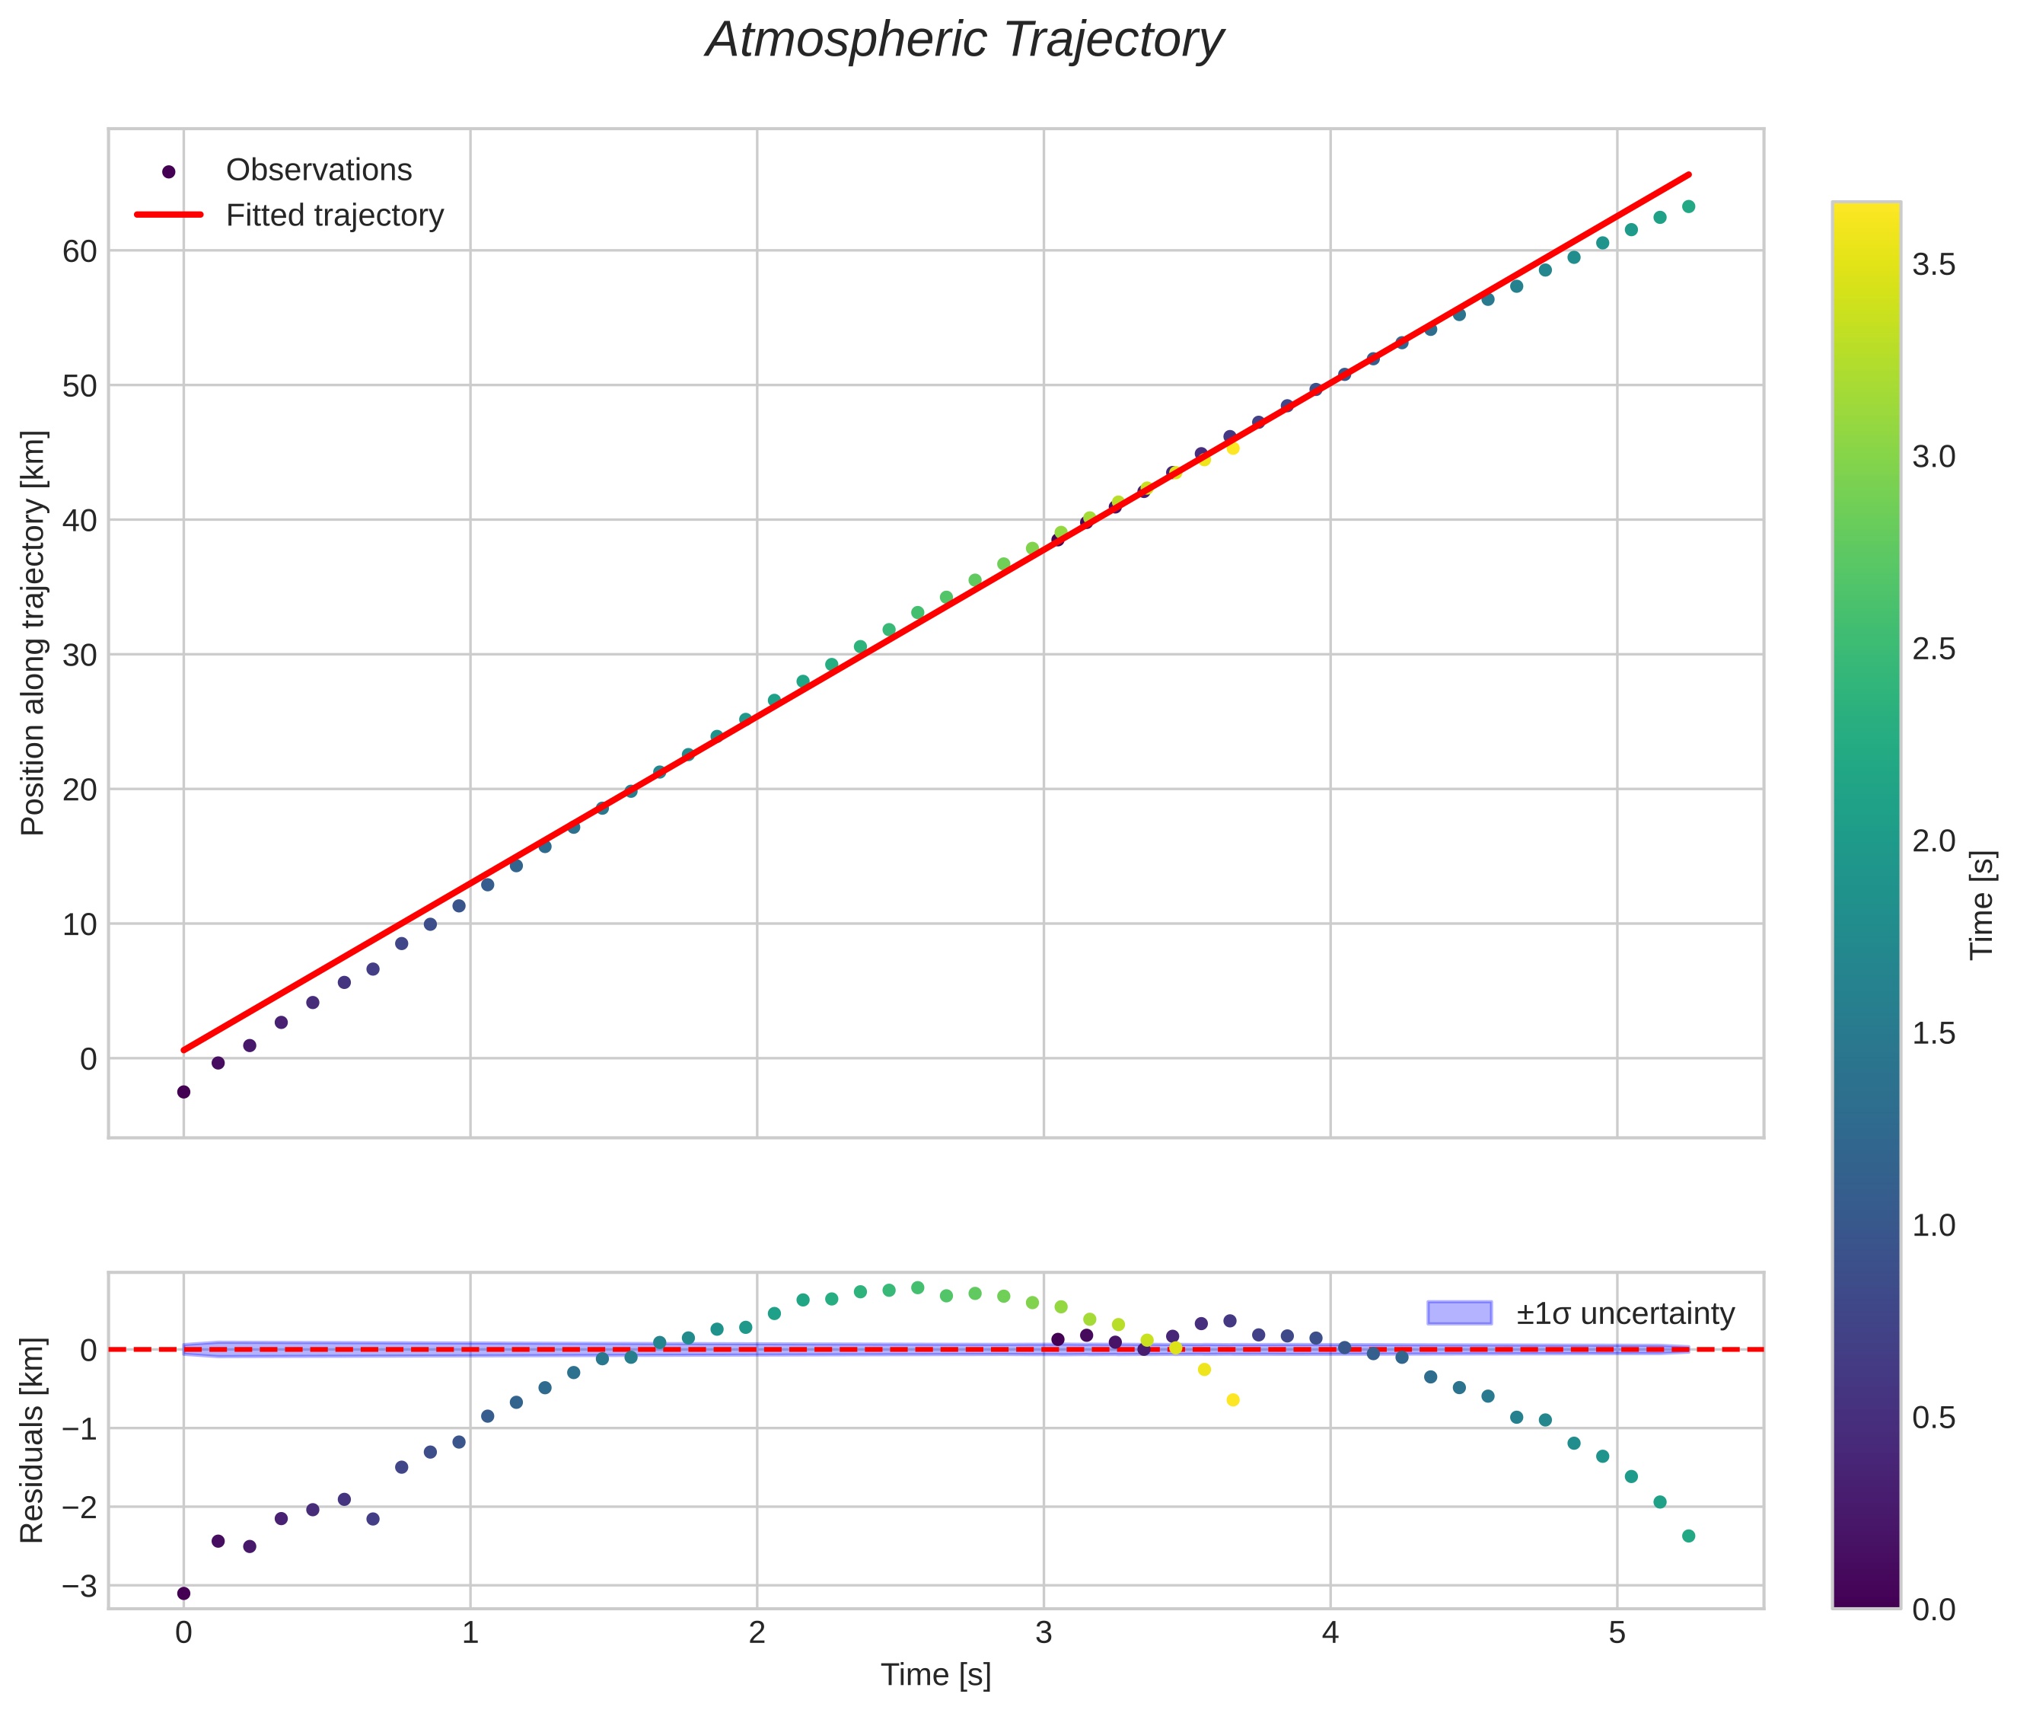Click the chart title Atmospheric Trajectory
pyautogui.click(x=964, y=40)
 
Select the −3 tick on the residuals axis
pyautogui.click(x=78, y=1586)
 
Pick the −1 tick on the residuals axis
pyautogui.click(x=78, y=1429)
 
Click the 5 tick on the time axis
pyautogui.click(x=1616, y=1633)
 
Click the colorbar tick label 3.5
pyautogui.click(x=1933, y=266)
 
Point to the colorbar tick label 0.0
pyautogui.click(x=1933, y=1610)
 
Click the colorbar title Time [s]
pyautogui.click(x=1983, y=905)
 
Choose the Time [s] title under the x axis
pyautogui.click(x=935, y=1675)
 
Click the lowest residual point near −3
pyautogui.click(x=183, y=1594)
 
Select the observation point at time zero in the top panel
pyautogui.click(x=183, y=1092)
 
